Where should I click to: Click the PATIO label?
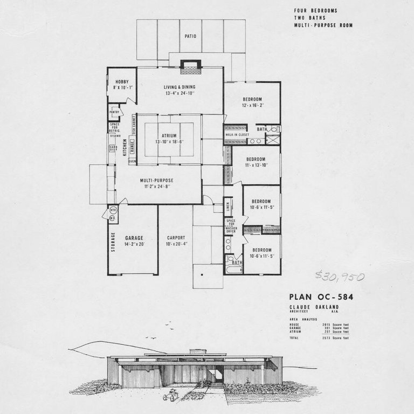[190, 37]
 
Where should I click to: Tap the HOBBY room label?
[121, 81]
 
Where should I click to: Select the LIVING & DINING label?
[180, 87]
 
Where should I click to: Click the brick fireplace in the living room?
[190, 67]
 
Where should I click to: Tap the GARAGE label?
[134, 238]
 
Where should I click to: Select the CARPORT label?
[176, 238]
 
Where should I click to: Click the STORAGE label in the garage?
[113, 241]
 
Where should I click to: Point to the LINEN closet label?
[227, 206]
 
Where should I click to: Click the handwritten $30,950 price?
[340, 277]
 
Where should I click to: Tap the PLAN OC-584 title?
[321, 296]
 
